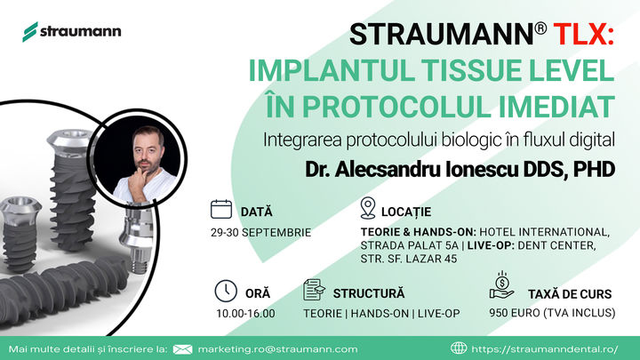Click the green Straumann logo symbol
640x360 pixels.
(30, 32)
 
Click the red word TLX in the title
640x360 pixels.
(583, 34)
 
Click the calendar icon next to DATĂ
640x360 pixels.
(221, 210)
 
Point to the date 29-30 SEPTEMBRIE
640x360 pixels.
(260, 233)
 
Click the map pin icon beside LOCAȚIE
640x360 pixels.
(368, 208)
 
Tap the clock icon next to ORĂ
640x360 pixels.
(226, 291)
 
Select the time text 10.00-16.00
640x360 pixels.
(245, 314)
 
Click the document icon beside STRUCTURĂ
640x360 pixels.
(314, 290)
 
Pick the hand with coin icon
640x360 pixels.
(501, 285)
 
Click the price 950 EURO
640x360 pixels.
(515, 313)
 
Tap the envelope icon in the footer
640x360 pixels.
(182, 349)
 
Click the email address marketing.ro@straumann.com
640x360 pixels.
(277, 349)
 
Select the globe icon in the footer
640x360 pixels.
(459, 348)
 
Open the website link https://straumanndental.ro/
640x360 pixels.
(545, 349)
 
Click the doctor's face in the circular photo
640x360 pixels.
(148, 152)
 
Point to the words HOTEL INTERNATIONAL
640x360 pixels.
(545, 232)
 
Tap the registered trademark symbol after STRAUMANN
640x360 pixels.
(540, 28)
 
